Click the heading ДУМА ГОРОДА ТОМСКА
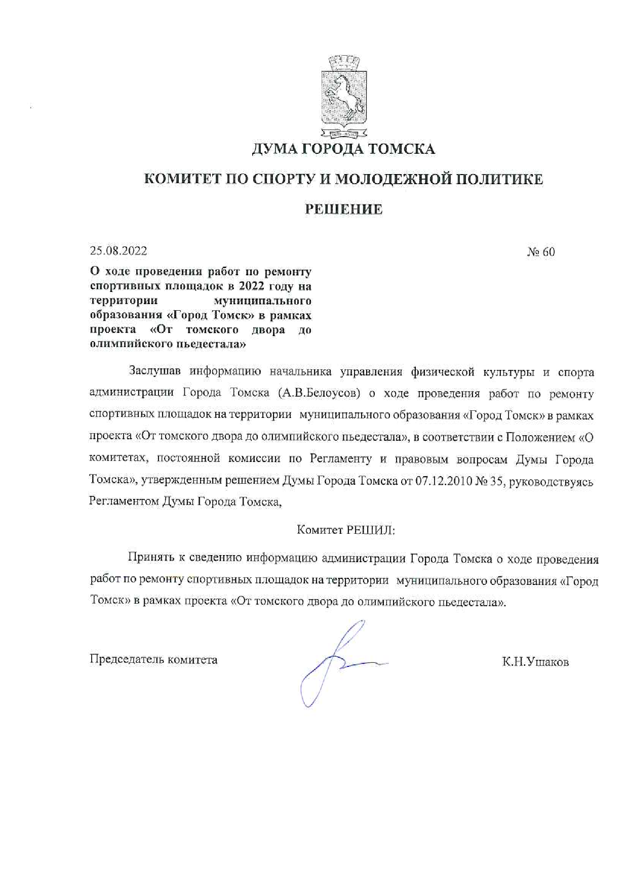pyautogui.click(x=343, y=149)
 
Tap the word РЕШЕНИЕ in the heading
pyautogui.click(x=343, y=209)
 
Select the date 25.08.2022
pyautogui.click(x=119, y=251)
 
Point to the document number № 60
pyautogui.click(x=541, y=252)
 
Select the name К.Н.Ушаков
pyautogui.click(x=535, y=662)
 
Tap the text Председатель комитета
pyautogui.click(x=153, y=660)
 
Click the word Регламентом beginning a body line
pyautogui.click(x=123, y=502)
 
